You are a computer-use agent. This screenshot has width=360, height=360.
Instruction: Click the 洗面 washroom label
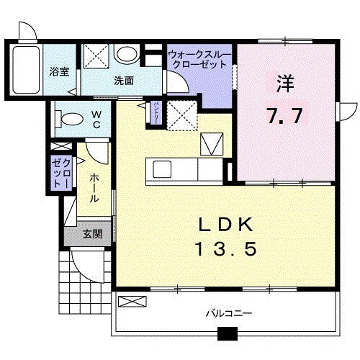(124, 81)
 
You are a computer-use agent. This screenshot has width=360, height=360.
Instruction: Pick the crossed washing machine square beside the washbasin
(96, 55)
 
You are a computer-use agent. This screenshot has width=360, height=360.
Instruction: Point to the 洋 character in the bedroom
(284, 82)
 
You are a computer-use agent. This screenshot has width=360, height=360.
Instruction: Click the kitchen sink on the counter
(161, 169)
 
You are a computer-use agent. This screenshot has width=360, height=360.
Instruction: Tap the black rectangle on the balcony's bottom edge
(228, 333)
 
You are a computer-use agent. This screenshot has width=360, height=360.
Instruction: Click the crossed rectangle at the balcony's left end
(131, 302)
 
